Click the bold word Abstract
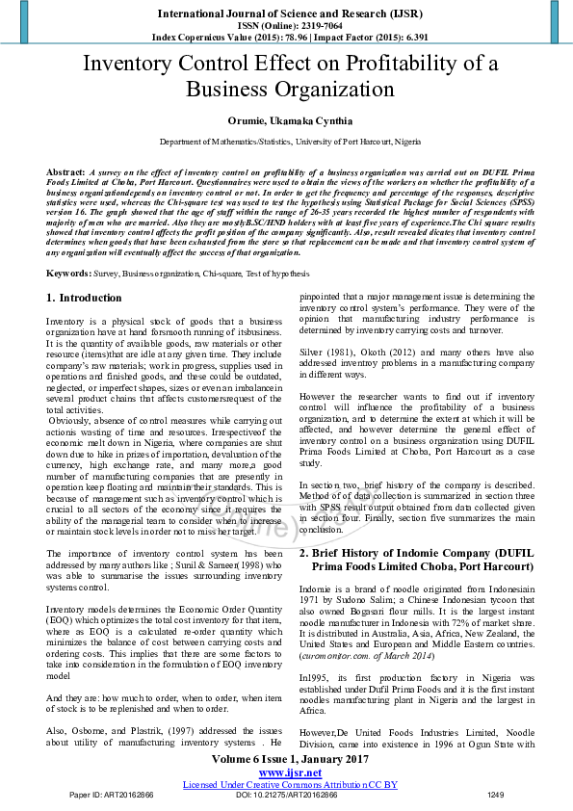(x=65, y=170)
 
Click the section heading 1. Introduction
(x=85, y=299)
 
